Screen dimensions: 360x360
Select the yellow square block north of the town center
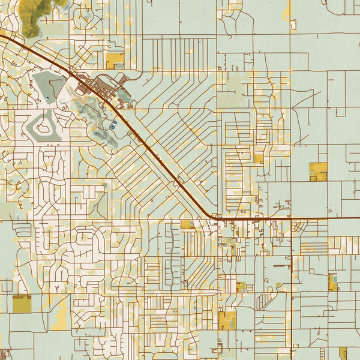click(x=115, y=60)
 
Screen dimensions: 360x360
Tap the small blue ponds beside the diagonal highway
click(x=113, y=126)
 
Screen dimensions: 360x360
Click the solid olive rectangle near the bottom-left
click(x=22, y=305)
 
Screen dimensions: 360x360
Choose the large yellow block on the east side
click(x=319, y=171)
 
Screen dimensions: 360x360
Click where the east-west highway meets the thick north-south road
click(x=292, y=219)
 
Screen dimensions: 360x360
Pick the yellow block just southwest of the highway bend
click(x=188, y=224)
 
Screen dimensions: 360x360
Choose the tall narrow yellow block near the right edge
click(x=332, y=282)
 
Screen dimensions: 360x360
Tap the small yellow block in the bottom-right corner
click(x=343, y=353)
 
